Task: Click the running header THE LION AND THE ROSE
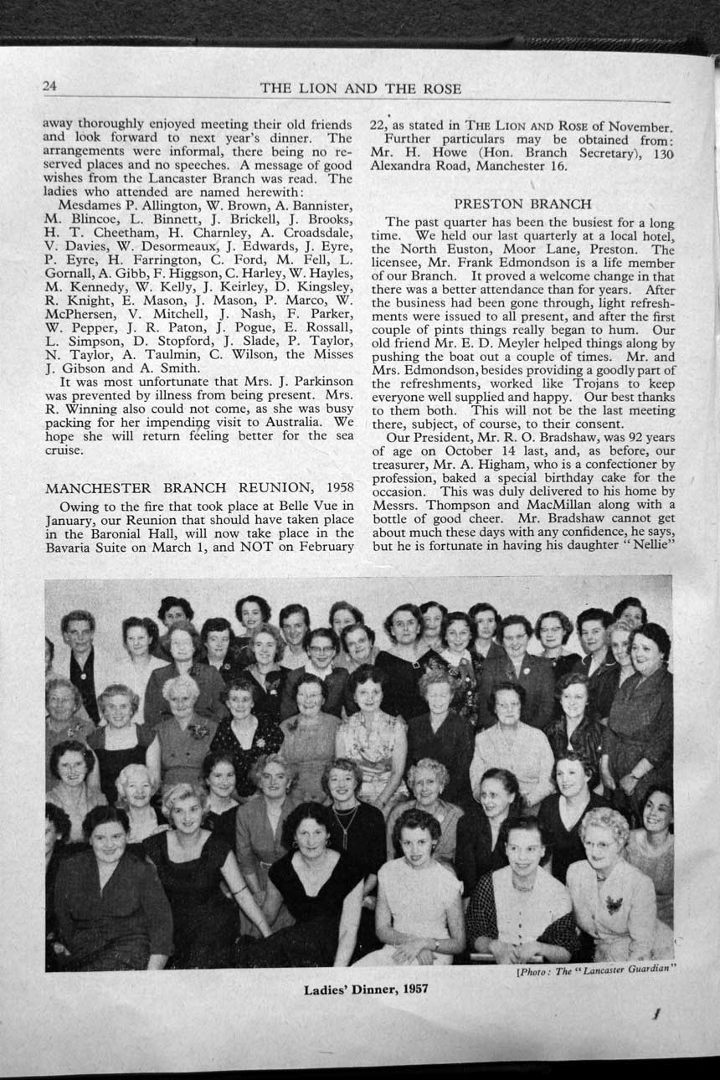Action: pos(360,89)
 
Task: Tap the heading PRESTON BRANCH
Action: pos(522,203)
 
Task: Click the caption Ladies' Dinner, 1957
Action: pos(366,989)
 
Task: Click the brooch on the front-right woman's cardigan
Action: pos(614,905)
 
